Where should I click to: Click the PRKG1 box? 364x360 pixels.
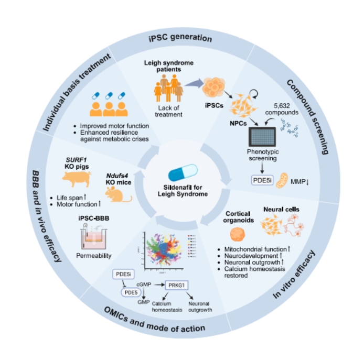tap(177, 286)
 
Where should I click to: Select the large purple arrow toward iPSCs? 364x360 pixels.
tap(192, 82)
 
